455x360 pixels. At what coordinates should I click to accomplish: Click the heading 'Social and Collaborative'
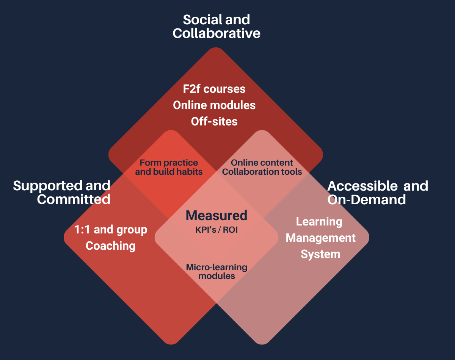tap(216, 27)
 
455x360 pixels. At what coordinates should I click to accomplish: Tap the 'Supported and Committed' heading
tap(62, 192)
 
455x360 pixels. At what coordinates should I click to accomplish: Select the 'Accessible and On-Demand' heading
tap(377, 193)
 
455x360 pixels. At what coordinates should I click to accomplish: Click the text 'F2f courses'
tap(214, 89)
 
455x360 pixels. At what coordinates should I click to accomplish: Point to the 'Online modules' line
tap(214, 105)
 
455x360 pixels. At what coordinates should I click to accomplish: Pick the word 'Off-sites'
tap(214, 121)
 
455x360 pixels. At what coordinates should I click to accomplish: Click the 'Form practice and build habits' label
tap(169, 167)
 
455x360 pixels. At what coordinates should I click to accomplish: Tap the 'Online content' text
tap(262, 163)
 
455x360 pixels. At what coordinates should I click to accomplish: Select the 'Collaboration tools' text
tap(262, 172)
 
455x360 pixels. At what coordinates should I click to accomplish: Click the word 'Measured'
tap(216, 216)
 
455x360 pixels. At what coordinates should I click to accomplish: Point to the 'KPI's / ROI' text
tap(216, 230)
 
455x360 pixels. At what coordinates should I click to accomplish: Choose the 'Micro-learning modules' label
tap(217, 271)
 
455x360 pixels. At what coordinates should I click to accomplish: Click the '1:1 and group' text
tap(111, 229)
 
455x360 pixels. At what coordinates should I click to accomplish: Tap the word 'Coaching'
tap(111, 246)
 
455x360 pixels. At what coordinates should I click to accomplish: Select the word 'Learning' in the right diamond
tap(319, 221)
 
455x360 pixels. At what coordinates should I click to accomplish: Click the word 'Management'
tap(320, 238)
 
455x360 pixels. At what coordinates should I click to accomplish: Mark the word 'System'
tap(320, 254)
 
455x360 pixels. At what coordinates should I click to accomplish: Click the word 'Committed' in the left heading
tap(74, 199)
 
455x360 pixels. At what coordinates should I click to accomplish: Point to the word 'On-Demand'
tap(366, 200)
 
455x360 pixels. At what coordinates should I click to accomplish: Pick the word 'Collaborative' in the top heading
tap(216, 33)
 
